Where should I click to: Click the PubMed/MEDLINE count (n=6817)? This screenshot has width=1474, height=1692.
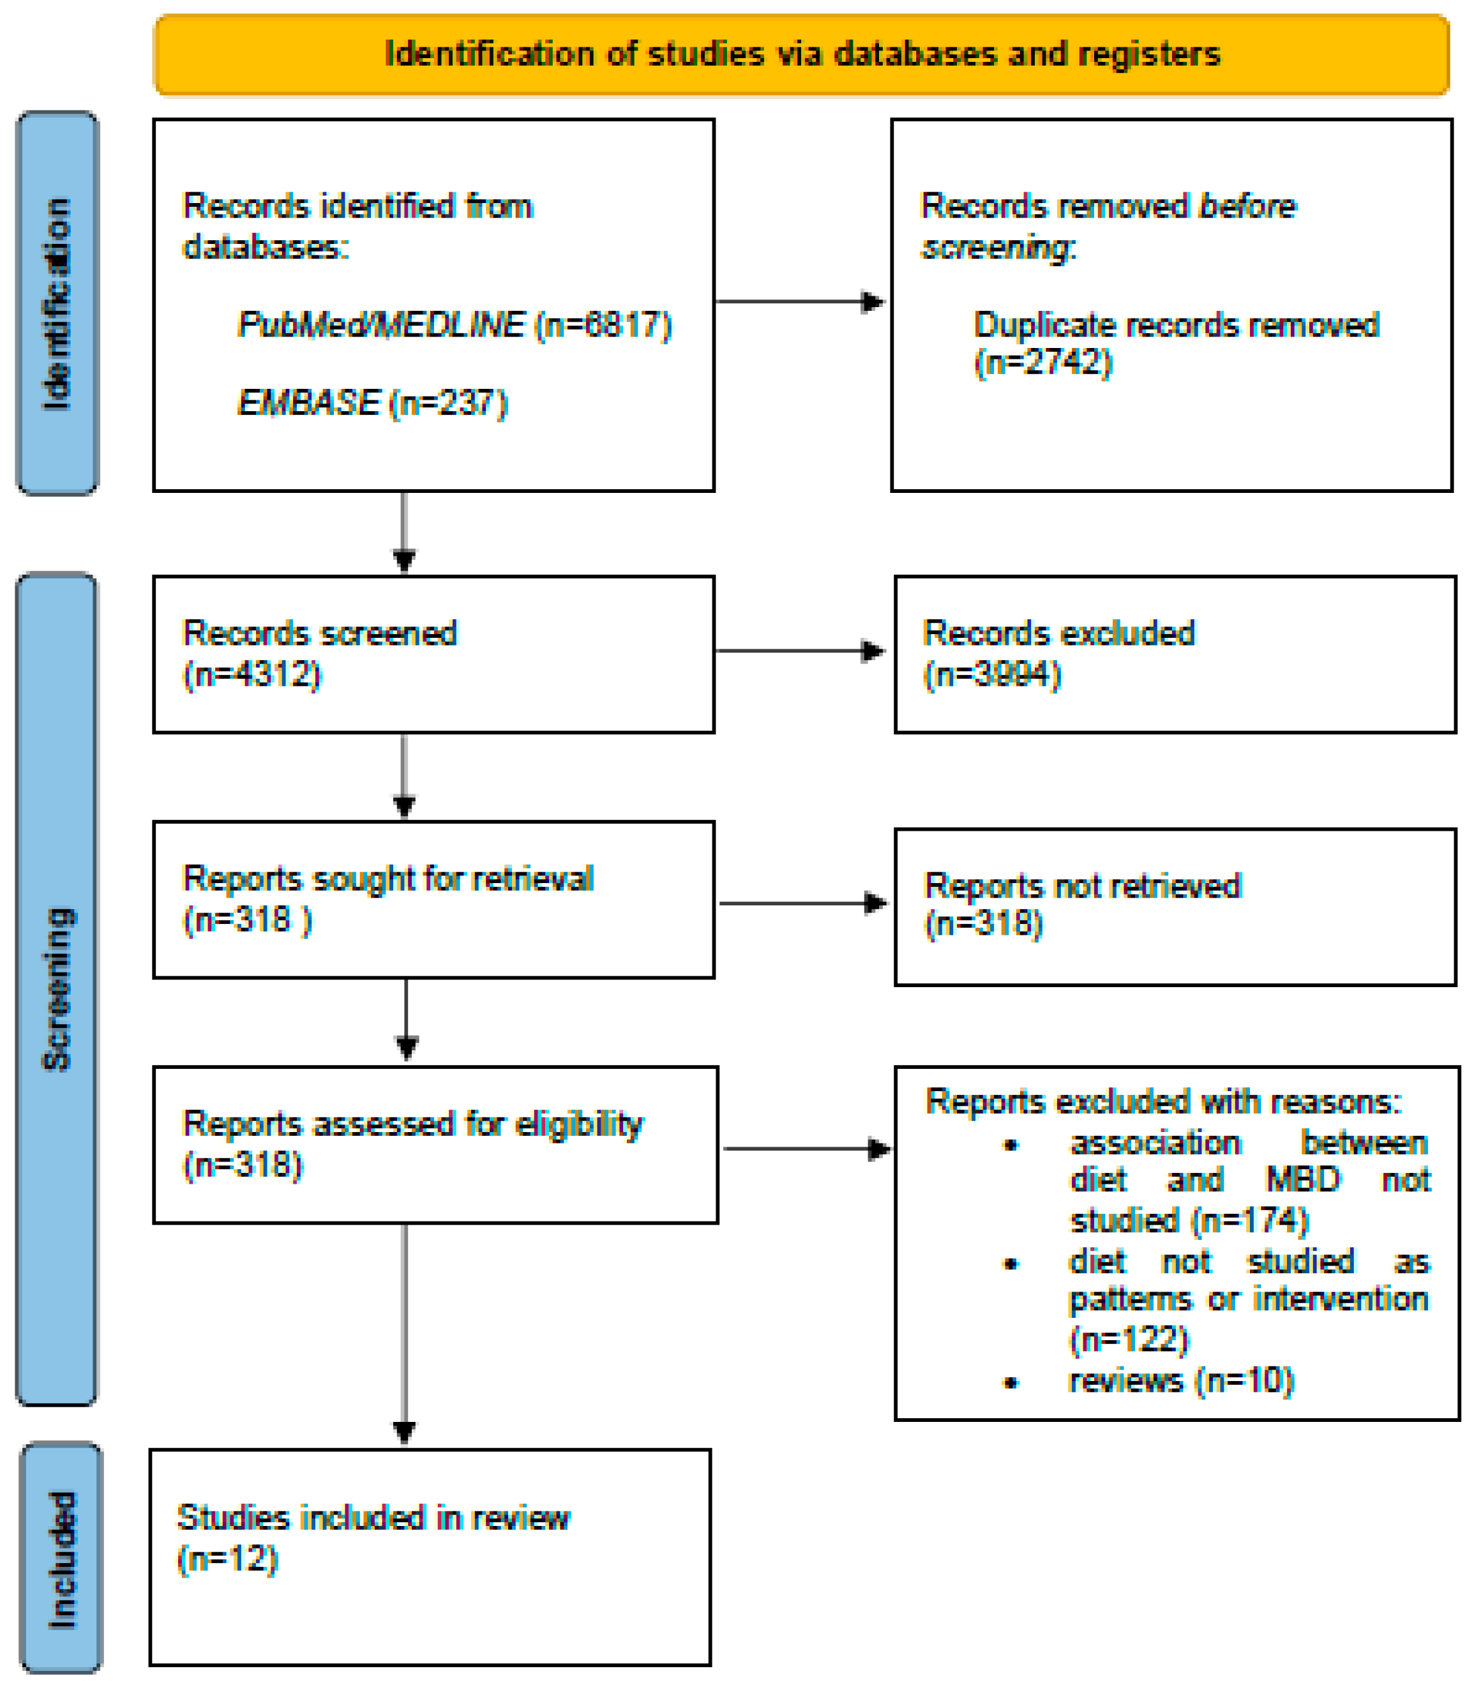603,325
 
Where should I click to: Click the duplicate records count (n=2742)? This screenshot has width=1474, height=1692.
1043,362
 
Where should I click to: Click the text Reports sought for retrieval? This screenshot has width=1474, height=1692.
387,879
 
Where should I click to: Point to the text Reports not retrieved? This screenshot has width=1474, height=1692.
1083,886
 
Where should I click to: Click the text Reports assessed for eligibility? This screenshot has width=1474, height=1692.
413,1124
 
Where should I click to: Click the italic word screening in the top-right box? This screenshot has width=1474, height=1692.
995,246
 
